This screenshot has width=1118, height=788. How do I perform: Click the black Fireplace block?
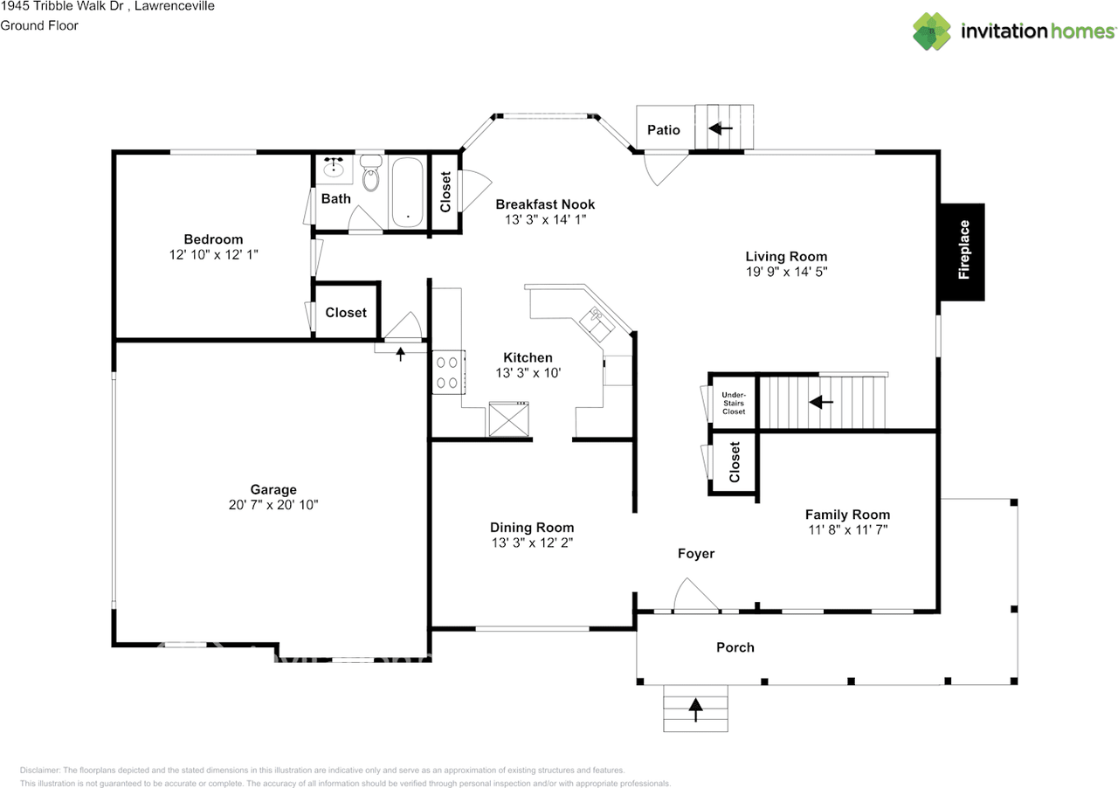coord(963,252)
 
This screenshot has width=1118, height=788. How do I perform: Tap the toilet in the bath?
coord(370,173)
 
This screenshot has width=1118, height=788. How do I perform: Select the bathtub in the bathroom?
coord(407,192)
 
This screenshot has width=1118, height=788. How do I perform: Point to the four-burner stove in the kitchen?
coord(449,372)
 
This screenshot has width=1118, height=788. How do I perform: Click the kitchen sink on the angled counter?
coord(597,324)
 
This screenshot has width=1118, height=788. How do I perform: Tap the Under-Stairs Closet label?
coord(734,403)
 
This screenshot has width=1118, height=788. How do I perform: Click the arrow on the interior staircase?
coord(821,402)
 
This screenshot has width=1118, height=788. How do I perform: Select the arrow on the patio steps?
coord(721,128)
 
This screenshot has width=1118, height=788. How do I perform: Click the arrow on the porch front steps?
coord(696,709)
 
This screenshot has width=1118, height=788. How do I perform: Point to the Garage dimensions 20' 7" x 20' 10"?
coord(273,505)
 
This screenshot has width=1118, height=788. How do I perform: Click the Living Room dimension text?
coord(787,272)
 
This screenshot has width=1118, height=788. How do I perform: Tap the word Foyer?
coord(696,554)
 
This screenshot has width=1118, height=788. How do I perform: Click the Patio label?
coord(664,130)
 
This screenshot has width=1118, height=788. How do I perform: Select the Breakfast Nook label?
coord(545,204)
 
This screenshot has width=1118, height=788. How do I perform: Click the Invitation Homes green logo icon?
coord(931,31)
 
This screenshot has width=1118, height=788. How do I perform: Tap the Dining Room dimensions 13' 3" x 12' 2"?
coord(532,543)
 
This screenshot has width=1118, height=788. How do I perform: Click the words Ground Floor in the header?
coord(39,25)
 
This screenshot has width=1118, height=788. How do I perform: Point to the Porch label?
coord(735,647)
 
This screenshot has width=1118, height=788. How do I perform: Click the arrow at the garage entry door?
coord(400,354)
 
